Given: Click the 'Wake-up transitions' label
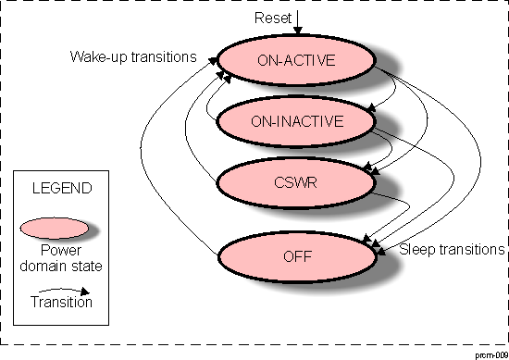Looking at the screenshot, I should [133, 56].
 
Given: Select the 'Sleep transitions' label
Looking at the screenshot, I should [451, 250].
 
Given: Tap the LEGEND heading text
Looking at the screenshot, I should [62, 188].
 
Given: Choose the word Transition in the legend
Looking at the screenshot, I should [62, 301].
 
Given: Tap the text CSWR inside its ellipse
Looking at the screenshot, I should [296, 182].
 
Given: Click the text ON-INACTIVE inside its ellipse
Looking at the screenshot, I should [296, 120].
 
